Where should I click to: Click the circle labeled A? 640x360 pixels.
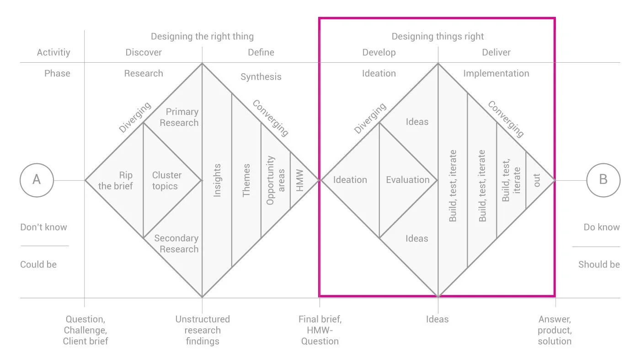[37, 180]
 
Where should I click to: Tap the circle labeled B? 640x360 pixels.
[603, 180]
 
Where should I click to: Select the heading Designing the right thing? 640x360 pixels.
[202, 36]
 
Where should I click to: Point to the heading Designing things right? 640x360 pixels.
[437, 36]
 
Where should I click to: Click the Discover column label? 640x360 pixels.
[144, 53]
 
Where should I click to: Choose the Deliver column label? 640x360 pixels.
[496, 53]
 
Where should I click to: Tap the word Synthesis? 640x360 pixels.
[261, 76]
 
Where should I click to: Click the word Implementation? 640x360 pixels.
[496, 73]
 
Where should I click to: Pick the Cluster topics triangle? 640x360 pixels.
[167, 180]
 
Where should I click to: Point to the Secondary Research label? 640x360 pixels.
[176, 243]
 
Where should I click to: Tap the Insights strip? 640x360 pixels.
[217, 180]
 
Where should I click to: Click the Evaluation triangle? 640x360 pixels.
[407, 180]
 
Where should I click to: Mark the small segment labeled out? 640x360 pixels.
[537, 180]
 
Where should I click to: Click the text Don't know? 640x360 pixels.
[43, 227]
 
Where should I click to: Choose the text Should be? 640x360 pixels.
[599, 264]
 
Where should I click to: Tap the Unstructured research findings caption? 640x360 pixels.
[203, 330]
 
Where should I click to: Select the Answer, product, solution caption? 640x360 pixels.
[555, 330]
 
